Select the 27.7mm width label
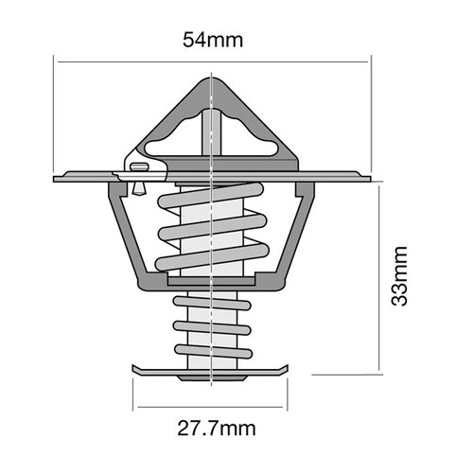tap(216, 428)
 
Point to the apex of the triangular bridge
tap(214, 81)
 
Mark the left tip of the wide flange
tap(56, 177)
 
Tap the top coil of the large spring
tap(213, 201)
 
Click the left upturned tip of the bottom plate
tap(134, 367)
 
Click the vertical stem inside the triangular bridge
tap(214, 132)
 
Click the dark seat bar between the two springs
tap(214, 282)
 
